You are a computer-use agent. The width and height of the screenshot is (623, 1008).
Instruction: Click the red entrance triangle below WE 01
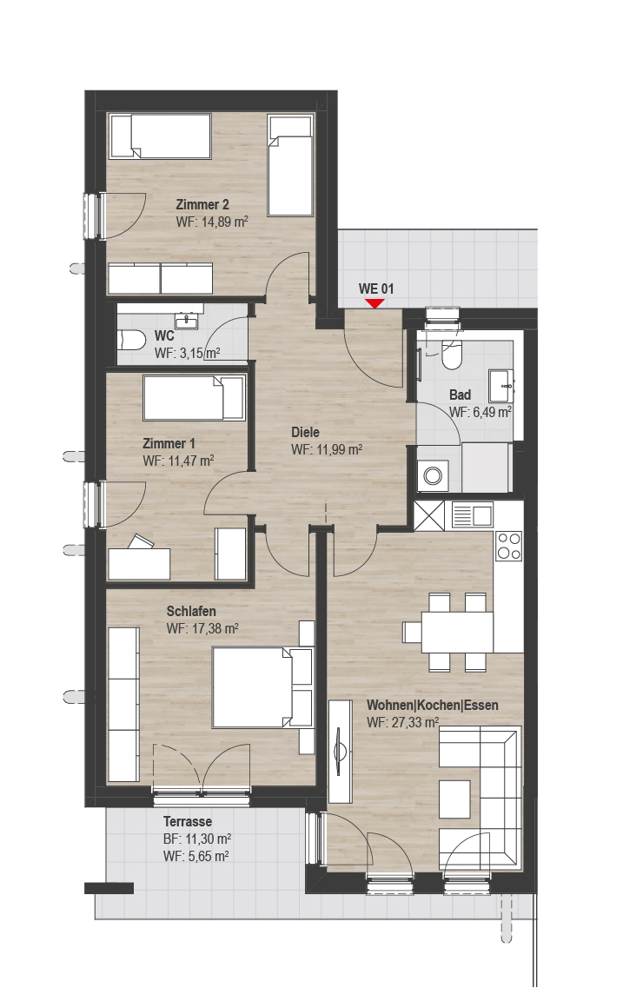click(374, 303)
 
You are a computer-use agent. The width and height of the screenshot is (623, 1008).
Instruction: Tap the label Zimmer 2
click(202, 204)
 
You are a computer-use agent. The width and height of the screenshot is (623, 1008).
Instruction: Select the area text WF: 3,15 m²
click(187, 353)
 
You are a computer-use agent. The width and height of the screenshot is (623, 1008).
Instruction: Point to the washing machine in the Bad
click(433, 476)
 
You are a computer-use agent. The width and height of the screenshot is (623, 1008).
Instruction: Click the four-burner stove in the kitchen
click(508, 546)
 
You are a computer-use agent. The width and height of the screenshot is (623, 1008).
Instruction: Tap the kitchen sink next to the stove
click(473, 515)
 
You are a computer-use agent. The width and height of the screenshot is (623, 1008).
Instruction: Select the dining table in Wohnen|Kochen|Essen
click(457, 632)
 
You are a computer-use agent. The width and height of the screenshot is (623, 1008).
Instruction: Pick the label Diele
click(305, 432)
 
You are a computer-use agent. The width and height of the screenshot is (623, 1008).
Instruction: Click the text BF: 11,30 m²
click(197, 839)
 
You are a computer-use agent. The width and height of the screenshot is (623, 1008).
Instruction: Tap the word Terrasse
click(188, 821)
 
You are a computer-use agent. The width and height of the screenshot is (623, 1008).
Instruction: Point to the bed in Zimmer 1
click(194, 398)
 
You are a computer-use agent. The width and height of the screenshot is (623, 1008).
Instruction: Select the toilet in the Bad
click(452, 354)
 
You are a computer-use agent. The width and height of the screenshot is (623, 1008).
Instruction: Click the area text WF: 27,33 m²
click(403, 722)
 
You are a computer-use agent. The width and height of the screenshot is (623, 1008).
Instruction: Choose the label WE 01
click(376, 288)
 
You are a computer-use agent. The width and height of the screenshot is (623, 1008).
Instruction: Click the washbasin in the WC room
click(189, 320)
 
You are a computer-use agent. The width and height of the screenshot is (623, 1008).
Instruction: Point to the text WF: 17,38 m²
click(202, 628)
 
